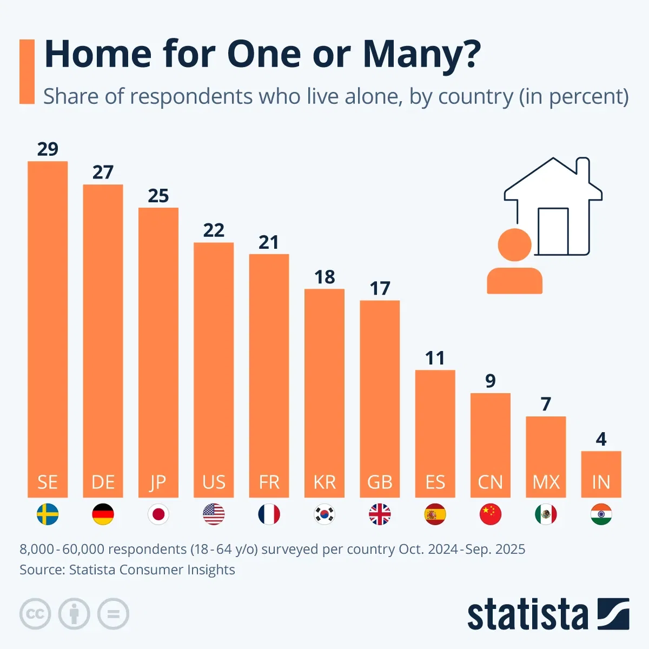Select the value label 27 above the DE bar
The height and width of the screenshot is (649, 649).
[103, 172]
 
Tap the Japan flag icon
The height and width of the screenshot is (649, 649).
[158, 514]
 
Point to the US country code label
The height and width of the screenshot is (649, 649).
[214, 482]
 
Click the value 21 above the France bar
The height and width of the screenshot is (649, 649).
[269, 242]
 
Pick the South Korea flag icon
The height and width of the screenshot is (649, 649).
[325, 514]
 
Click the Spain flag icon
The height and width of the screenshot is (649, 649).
[435, 514]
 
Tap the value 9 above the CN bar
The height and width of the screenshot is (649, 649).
[491, 381]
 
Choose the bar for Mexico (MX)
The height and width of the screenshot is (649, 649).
[546, 456]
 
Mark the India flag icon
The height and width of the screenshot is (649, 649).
[601, 514]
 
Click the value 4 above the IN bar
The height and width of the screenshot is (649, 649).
[601, 439]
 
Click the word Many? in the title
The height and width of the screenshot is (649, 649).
[422, 54]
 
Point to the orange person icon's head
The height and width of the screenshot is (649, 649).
[514, 244]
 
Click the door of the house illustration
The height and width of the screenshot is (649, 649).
[553, 231]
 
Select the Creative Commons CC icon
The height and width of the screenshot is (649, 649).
[35, 614]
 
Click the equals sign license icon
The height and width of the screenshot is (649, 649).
[113, 614]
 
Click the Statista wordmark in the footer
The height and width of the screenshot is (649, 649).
[527, 615]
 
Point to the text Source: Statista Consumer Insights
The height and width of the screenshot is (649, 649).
[127, 569]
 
